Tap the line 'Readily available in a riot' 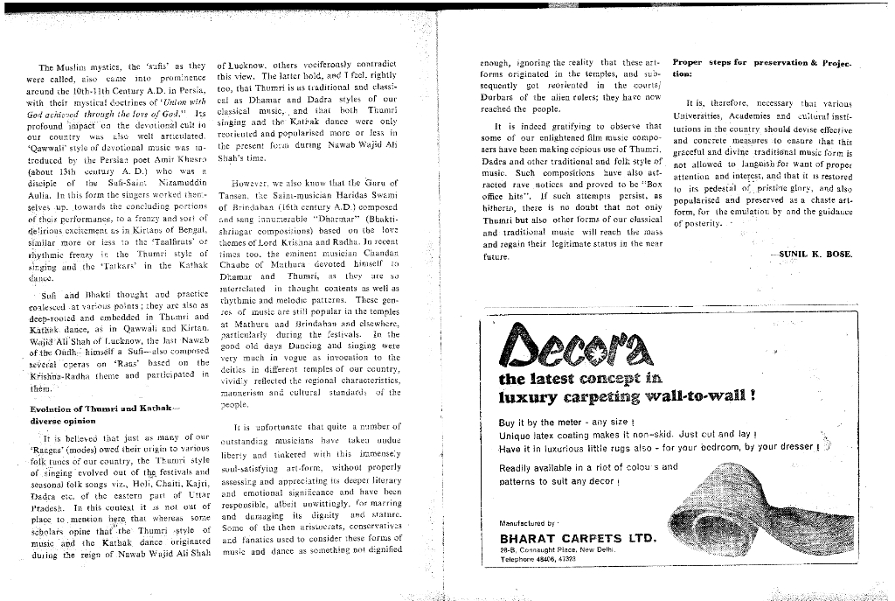588,467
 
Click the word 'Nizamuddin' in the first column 181,158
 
